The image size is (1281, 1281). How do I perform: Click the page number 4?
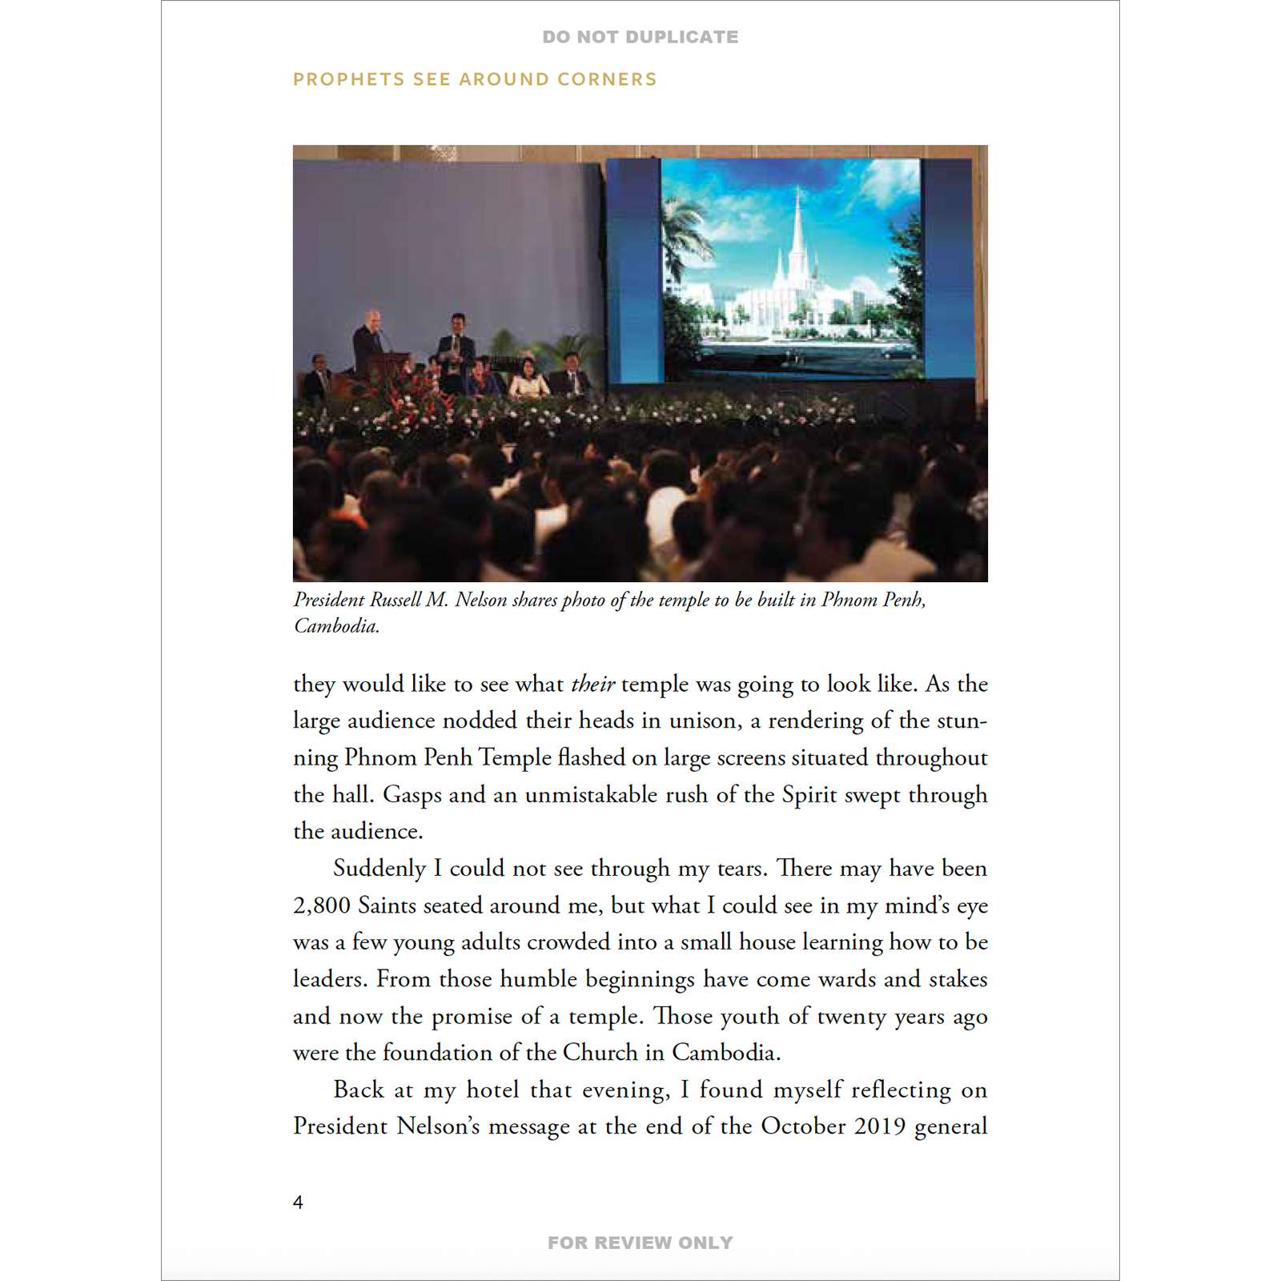(x=298, y=1202)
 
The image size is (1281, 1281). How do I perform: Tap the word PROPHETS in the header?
(x=348, y=79)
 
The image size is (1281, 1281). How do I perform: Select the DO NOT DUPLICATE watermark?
(x=640, y=37)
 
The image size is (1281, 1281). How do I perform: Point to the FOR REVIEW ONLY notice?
(x=640, y=1243)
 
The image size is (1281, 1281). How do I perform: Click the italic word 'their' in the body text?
(x=592, y=684)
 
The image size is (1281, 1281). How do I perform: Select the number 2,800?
(x=322, y=906)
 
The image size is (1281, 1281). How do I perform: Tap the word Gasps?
(x=412, y=795)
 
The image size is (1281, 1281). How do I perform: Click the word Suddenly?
(x=379, y=869)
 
